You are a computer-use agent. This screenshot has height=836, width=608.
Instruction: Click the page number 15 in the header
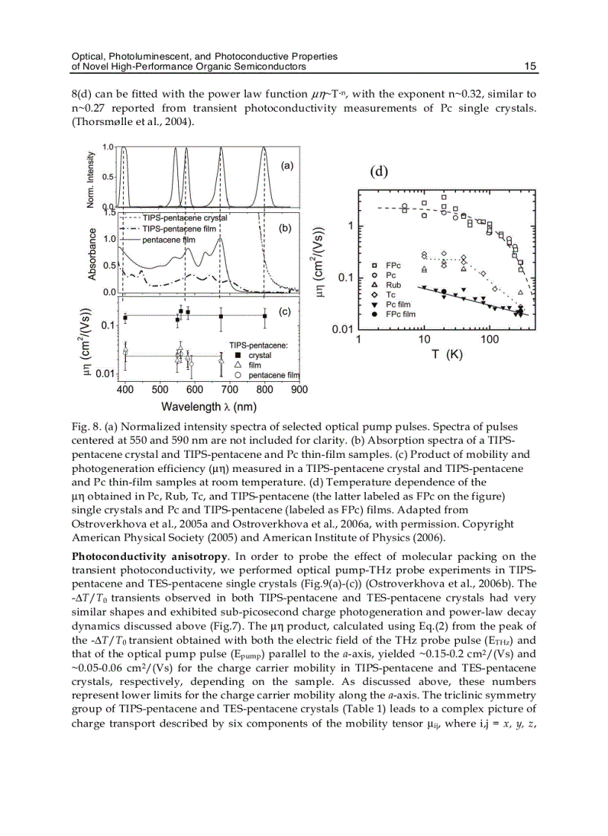(x=530, y=66)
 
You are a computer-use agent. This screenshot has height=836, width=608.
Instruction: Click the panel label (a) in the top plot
(x=285, y=167)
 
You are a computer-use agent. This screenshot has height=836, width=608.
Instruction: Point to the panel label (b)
(x=285, y=229)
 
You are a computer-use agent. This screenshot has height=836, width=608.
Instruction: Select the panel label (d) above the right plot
(x=379, y=171)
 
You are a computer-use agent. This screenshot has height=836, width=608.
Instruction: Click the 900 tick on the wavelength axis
(x=299, y=389)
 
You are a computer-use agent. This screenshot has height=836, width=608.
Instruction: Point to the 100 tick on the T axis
(x=490, y=339)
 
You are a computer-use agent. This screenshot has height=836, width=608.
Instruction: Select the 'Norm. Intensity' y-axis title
(x=92, y=179)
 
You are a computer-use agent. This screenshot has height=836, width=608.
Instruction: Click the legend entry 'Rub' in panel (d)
(x=394, y=285)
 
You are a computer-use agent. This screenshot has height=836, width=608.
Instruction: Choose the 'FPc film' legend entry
(x=401, y=314)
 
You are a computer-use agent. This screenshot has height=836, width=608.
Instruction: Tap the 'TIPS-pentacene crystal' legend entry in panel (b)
(x=185, y=217)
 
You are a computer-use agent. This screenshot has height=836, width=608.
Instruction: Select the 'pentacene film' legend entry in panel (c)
(x=273, y=375)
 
